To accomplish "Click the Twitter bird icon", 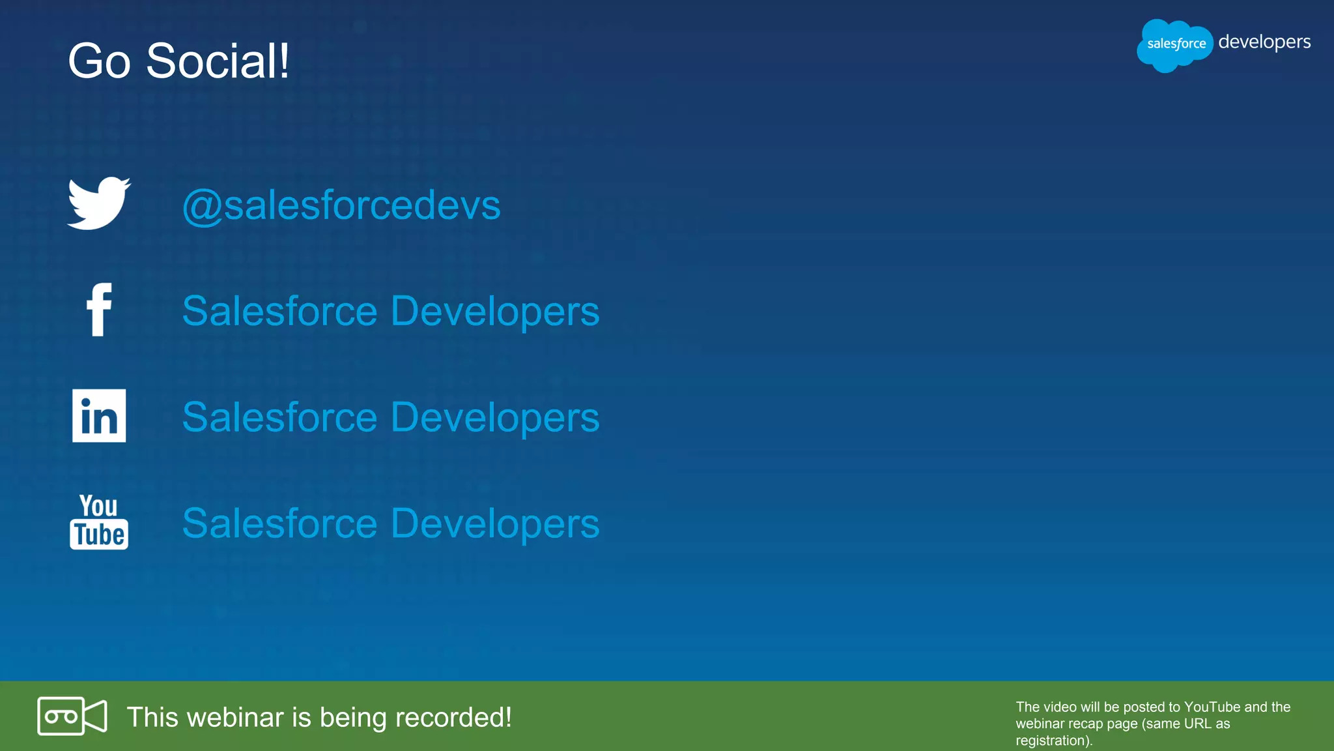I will [x=99, y=203].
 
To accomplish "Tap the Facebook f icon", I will [x=99, y=310].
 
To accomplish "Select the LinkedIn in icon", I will [x=99, y=416].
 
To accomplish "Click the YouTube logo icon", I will [x=99, y=522].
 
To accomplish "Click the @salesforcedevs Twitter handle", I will [x=341, y=205].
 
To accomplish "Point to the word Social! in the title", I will [x=218, y=61].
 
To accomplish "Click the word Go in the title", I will [x=99, y=61].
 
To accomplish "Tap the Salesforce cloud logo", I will [x=1175, y=44].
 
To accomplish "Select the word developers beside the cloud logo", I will [x=1264, y=42].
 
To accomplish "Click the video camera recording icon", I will [x=72, y=716].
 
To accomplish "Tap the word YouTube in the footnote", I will [x=1212, y=707].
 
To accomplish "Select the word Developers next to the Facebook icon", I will [x=495, y=311].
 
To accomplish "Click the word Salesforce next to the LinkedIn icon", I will [x=280, y=417].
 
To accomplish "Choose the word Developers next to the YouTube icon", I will [x=495, y=523].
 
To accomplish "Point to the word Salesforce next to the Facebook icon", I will [x=280, y=311].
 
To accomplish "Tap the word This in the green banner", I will [x=152, y=717].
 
